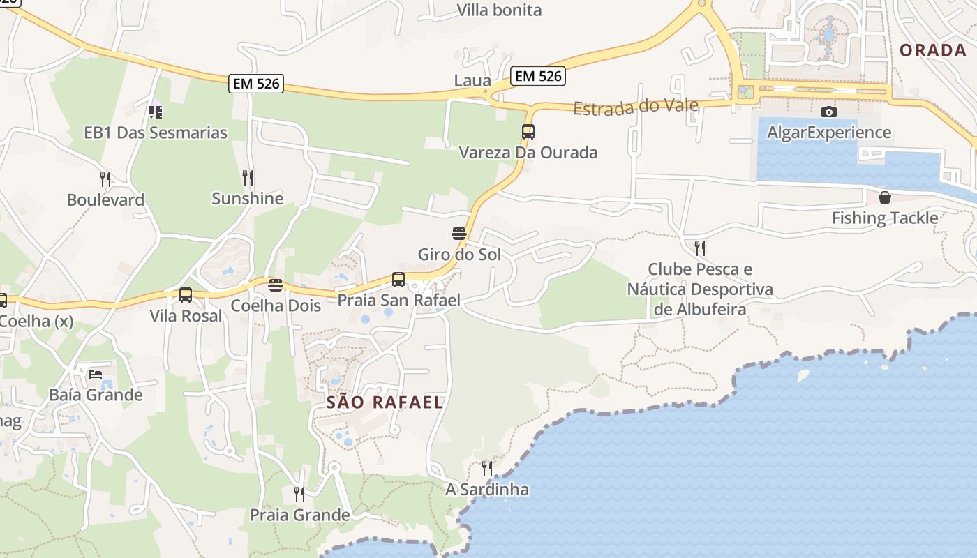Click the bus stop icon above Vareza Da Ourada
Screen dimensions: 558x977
pyautogui.click(x=528, y=131)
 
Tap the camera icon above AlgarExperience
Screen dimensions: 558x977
pyautogui.click(x=829, y=112)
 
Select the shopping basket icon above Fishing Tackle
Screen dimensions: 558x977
pyautogui.click(x=885, y=197)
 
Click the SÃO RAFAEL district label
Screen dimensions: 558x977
pyautogui.click(x=385, y=402)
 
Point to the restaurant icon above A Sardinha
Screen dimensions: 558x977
pyautogui.click(x=487, y=468)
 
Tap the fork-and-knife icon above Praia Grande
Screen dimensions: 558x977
pyautogui.click(x=299, y=495)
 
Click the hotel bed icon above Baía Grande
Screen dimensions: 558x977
pyautogui.click(x=96, y=375)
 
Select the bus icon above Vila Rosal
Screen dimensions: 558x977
pyautogui.click(x=186, y=295)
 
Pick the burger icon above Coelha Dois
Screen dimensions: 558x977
pyautogui.click(x=276, y=285)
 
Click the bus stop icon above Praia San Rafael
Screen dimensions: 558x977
pyautogui.click(x=398, y=280)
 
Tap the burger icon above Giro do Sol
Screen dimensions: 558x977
pyautogui.click(x=459, y=233)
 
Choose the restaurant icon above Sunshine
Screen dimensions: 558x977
pyautogui.click(x=248, y=178)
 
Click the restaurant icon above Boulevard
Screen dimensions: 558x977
pyautogui.click(x=105, y=179)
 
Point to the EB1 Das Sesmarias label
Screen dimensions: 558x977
pyautogui.click(x=156, y=133)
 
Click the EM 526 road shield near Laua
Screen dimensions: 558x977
pyautogui.click(x=537, y=76)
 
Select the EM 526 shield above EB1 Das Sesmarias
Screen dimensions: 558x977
pyautogui.click(x=255, y=84)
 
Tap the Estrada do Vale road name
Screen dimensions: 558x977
pyautogui.click(x=636, y=107)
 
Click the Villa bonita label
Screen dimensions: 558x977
pyautogui.click(x=499, y=10)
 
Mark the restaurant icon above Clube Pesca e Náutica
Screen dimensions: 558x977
pyautogui.click(x=700, y=248)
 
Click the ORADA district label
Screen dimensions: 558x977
pyautogui.click(x=932, y=50)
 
